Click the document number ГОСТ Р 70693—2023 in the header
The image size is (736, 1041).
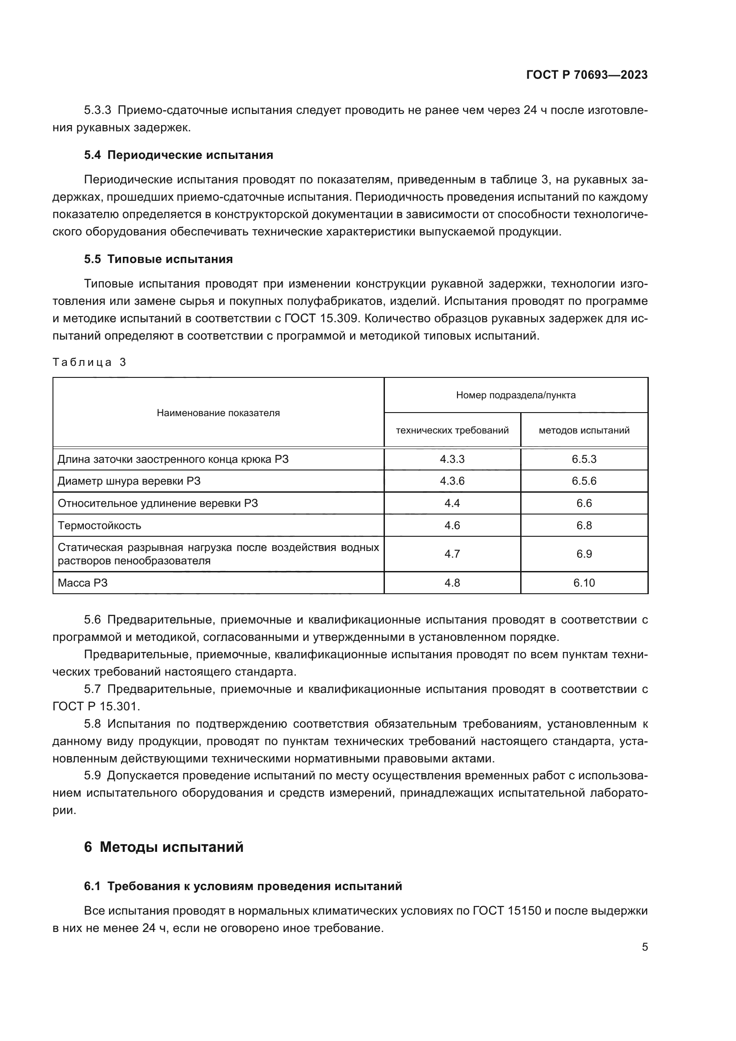point(586,75)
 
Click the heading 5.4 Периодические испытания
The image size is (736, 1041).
point(178,155)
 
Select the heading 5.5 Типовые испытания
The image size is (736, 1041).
point(158,259)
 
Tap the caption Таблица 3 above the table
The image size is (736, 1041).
point(89,362)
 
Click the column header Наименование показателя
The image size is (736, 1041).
point(218,413)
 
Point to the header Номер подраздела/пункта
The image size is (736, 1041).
point(516,395)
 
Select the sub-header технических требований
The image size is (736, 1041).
point(452,430)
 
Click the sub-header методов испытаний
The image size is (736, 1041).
point(584,430)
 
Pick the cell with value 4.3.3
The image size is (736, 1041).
point(452,459)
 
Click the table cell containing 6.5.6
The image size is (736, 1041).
point(584,481)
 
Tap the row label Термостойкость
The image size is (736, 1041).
point(99,526)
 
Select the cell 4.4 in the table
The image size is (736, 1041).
point(452,503)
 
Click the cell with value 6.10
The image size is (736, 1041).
point(584,583)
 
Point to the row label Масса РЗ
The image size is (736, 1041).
point(82,583)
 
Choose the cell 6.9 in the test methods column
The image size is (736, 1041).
point(584,554)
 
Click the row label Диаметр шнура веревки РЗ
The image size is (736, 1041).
point(129,481)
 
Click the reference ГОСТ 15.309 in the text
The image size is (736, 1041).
point(322,318)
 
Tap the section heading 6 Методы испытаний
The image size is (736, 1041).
point(164,847)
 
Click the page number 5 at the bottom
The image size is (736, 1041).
point(644,947)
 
